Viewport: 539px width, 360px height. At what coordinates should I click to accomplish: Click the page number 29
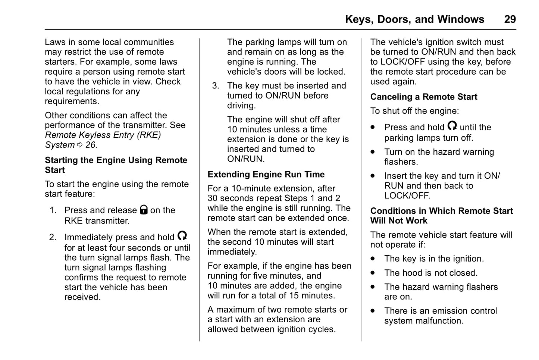coord(510,19)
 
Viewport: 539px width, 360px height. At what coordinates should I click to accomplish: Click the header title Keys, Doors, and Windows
coord(414,19)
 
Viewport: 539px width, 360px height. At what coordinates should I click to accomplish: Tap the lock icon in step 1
coord(144,210)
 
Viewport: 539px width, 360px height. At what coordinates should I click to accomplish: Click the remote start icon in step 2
coord(182,236)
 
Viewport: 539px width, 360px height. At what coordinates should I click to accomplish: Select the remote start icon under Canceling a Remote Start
coord(452,126)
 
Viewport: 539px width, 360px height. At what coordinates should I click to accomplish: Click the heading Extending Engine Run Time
coord(266,175)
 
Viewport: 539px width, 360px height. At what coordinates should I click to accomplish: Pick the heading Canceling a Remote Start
coord(423,97)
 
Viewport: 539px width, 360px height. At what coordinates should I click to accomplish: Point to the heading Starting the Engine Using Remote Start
coord(116,165)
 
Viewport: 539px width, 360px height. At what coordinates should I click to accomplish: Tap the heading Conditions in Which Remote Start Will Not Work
coord(441,216)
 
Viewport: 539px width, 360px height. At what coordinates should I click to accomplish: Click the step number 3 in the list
coord(215,86)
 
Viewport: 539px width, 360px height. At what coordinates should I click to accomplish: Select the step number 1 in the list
coord(53,210)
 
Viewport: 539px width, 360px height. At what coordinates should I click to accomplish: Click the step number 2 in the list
coord(53,237)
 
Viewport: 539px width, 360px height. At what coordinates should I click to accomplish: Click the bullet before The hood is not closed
coord(373,273)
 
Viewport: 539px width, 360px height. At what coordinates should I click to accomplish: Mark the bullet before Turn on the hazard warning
coord(373,152)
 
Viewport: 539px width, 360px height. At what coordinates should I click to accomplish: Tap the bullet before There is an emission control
coord(373,311)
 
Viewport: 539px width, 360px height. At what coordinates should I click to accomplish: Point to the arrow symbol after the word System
coord(80,145)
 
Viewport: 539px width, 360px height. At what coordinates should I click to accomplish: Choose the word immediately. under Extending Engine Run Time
coord(232,252)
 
